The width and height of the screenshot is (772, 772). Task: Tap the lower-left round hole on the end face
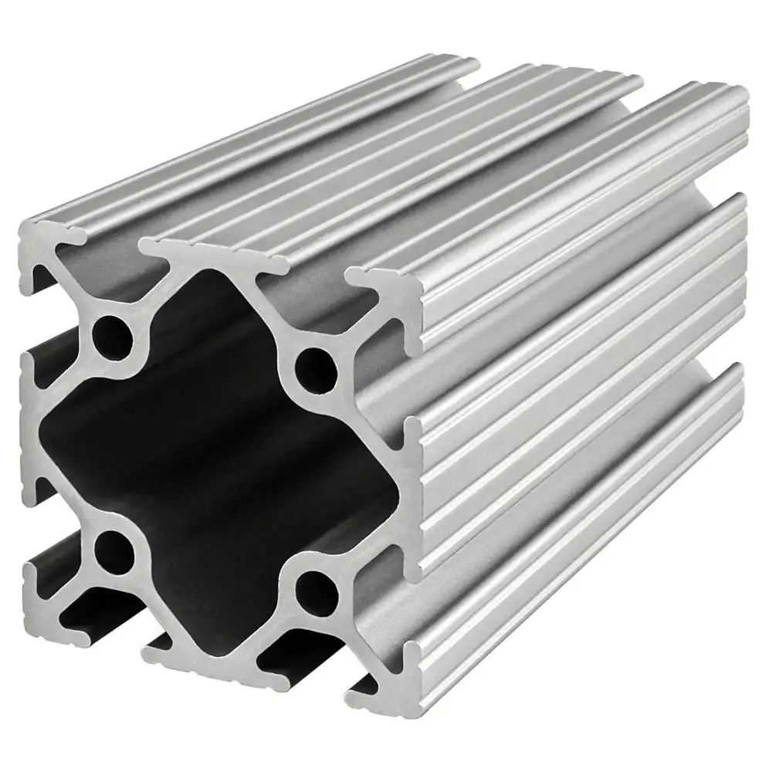pos(113,549)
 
